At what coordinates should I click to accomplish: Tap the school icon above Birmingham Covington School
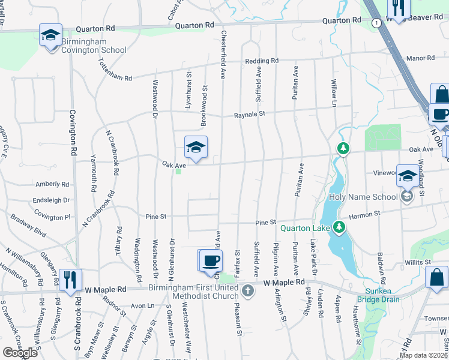pos(50,35)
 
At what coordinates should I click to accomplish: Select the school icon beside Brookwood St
pos(196,146)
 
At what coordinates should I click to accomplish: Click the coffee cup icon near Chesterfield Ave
pos(210,260)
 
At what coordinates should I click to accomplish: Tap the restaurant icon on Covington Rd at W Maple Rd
pos(70,279)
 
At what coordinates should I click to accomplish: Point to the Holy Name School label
pos(363,197)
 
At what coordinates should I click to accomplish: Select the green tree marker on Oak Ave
pos(342,148)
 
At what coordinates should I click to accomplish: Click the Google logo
pos(19,353)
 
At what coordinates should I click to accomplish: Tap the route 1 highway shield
pos(376,22)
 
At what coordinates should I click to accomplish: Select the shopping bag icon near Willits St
pos(436,278)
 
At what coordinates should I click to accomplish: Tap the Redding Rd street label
pos(262,61)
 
